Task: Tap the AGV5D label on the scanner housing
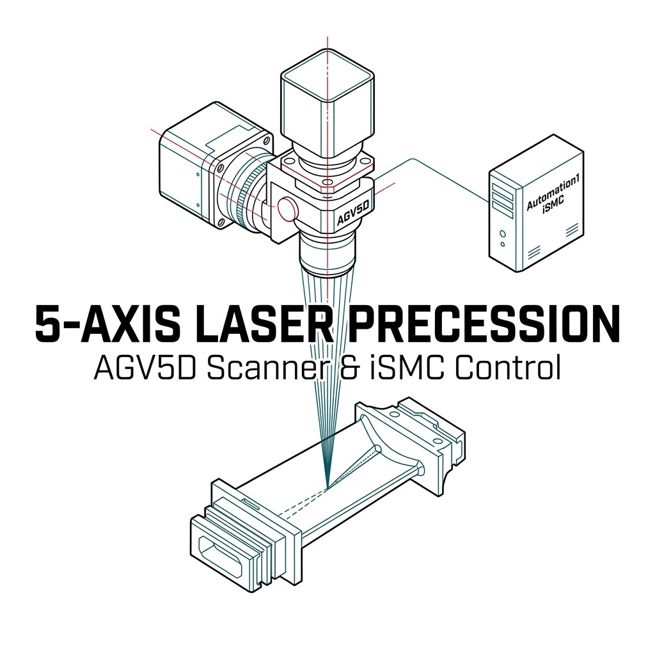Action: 353,212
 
